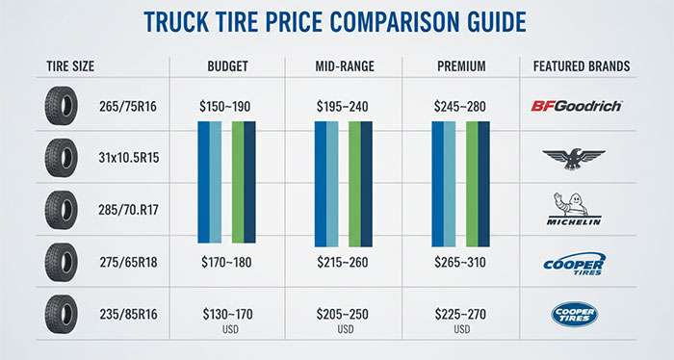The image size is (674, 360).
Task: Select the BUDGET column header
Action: (x=227, y=66)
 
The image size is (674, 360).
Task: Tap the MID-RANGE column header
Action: (x=345, y=66)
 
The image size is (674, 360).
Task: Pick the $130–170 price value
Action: (x=227, y=313)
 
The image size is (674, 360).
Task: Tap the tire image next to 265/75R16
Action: (x=61, y=105)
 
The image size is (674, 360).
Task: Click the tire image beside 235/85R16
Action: (x=61, y=313)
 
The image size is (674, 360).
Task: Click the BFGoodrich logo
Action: (x=576, y=105)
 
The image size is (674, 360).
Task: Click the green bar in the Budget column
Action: (x=238, y=182)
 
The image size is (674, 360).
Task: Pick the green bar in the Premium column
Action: (x=472, y=182)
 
